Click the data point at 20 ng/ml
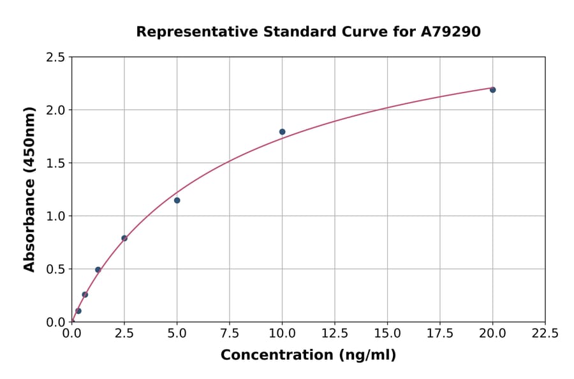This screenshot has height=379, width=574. pyautogui.click(x=493, y=90)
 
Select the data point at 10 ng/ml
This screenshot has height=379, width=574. pyautogui.click(x=283, y=132)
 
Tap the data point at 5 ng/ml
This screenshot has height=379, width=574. pyautogui.click(x=177, y=200)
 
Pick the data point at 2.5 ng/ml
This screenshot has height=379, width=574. pyautogui.click(x=124, y=238)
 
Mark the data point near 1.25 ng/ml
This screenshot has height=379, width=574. pyautogui.click(x=98, y=270)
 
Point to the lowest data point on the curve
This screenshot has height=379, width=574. pyautogui.click(x=78, y=311)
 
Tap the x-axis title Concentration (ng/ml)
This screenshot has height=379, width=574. pyautogui.click(x=308, y=355)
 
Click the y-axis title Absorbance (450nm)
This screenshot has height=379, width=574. pyautogui.click(x=29, y=189)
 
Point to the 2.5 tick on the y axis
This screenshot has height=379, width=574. pyautogui.click(x=55, y=57)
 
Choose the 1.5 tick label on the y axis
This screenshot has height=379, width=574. pyautogui.click(x=55, y=163)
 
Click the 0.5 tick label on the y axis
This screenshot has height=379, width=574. pyautogui.click(x=55, y=269)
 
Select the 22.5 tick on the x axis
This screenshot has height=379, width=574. pyautogui.click(x=545, y=333)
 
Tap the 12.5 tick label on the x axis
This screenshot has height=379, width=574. pyautogui.click(x=335, y=333)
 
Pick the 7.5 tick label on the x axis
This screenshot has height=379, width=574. pyautogui.click(x=230, y=333)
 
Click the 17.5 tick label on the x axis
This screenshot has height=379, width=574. pyautogui.click(x=440, y=333)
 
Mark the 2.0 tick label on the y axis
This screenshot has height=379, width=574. pyautogui.click(x=55, y=110)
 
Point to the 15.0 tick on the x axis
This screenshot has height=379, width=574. pyautogui.click(x=388, y=333)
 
